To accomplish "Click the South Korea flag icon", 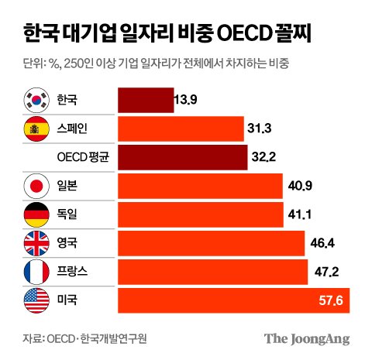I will [36, 101].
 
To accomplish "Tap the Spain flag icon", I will [36, 129].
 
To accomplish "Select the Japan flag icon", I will [36, 186].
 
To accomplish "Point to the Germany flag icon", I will [36, 214].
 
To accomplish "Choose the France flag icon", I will [36, 272].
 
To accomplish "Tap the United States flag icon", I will [36, 300].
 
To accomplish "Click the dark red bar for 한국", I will [145, 101].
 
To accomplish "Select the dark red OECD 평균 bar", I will [182, 157].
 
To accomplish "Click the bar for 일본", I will [199, 186].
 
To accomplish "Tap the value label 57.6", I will [332, 300].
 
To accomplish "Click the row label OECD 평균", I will [83, 157].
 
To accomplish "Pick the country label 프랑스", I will [74, 272].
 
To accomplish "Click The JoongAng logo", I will [307, 338].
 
